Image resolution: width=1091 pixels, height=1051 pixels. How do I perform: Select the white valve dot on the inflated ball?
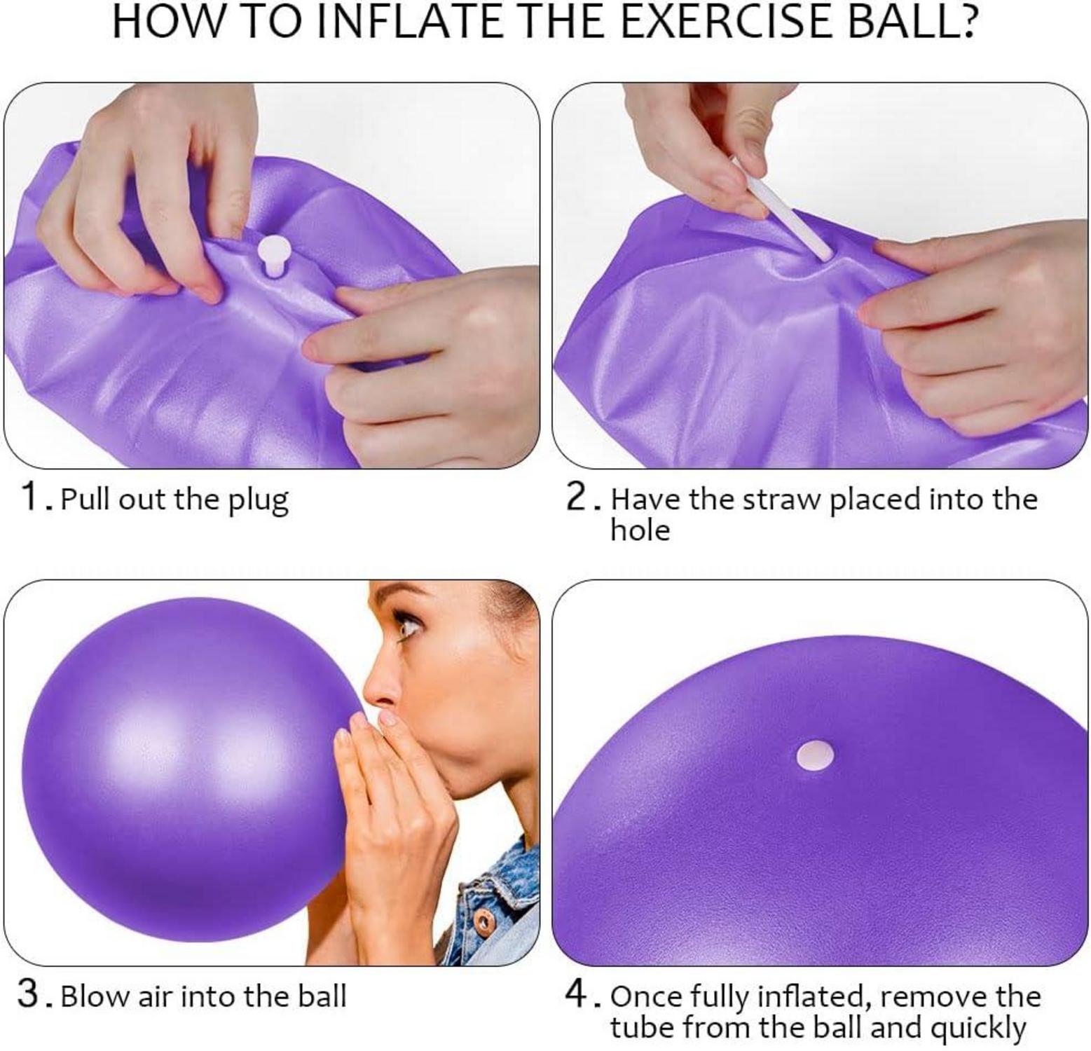click(x=816, y=756)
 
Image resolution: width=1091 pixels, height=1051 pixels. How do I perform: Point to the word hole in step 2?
click(x=640, y=530)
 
